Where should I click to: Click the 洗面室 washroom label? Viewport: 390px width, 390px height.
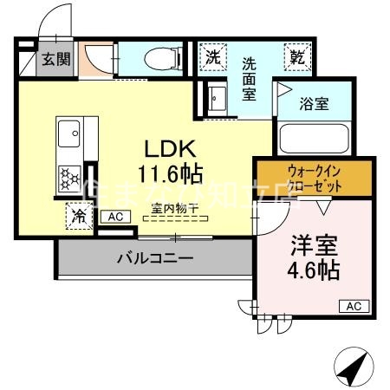coord(250,78)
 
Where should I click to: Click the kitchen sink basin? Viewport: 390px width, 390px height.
coord(69,135)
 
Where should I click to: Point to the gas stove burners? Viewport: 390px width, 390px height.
coord(69,177)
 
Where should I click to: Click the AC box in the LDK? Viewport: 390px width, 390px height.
coord(114,217)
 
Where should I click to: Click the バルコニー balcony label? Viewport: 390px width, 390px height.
coord(154,257)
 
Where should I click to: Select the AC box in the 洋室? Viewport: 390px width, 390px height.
coord(354,305)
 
